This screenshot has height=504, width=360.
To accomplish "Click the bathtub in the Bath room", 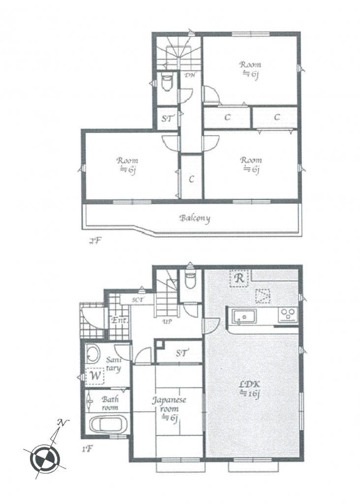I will coord(108,424).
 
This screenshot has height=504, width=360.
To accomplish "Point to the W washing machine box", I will coord(93,377).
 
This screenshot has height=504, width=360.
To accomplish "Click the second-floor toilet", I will coord(167,83).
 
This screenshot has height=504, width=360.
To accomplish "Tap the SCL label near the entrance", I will coord(138,299).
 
